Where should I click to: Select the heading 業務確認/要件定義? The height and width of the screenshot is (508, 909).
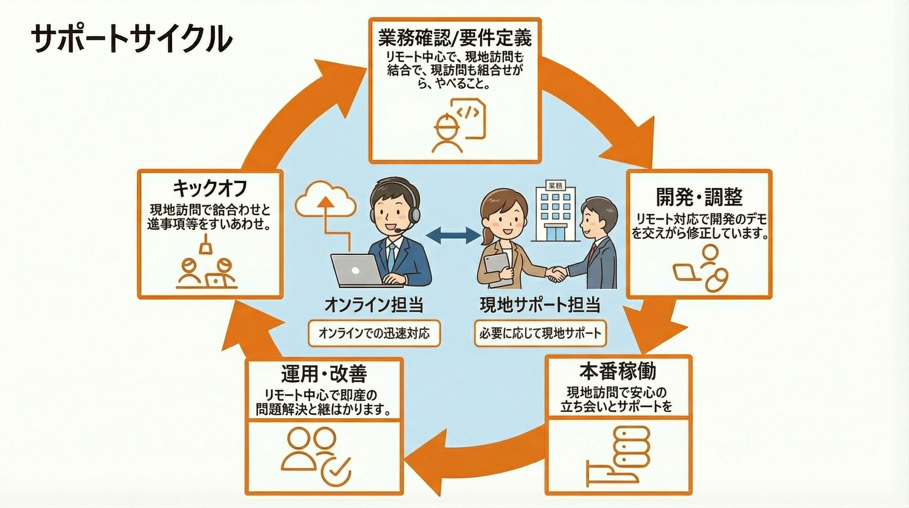pyautogui.click(x=454, y=38)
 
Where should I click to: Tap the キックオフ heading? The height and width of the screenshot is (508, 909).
pyautogui.click(x=210, y=188)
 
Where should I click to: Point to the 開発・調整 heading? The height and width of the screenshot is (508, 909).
pyautogui.click(x=699, y=197)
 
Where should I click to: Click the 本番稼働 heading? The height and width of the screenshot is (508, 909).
pyautogui.click(x=618, y=371)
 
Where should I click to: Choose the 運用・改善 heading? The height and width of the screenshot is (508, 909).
pyautogui.click(x=324, y=374)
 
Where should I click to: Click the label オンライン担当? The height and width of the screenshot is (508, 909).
pyautogui.click(x=374, y=305)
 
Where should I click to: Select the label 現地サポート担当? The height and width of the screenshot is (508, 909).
pyautogui.click(x=540, y=305)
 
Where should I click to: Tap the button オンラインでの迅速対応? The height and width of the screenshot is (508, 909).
pyautogui.click(x=374, y=333)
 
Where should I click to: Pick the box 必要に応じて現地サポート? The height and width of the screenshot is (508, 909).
pyautogui.click(x=540, y=333)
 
